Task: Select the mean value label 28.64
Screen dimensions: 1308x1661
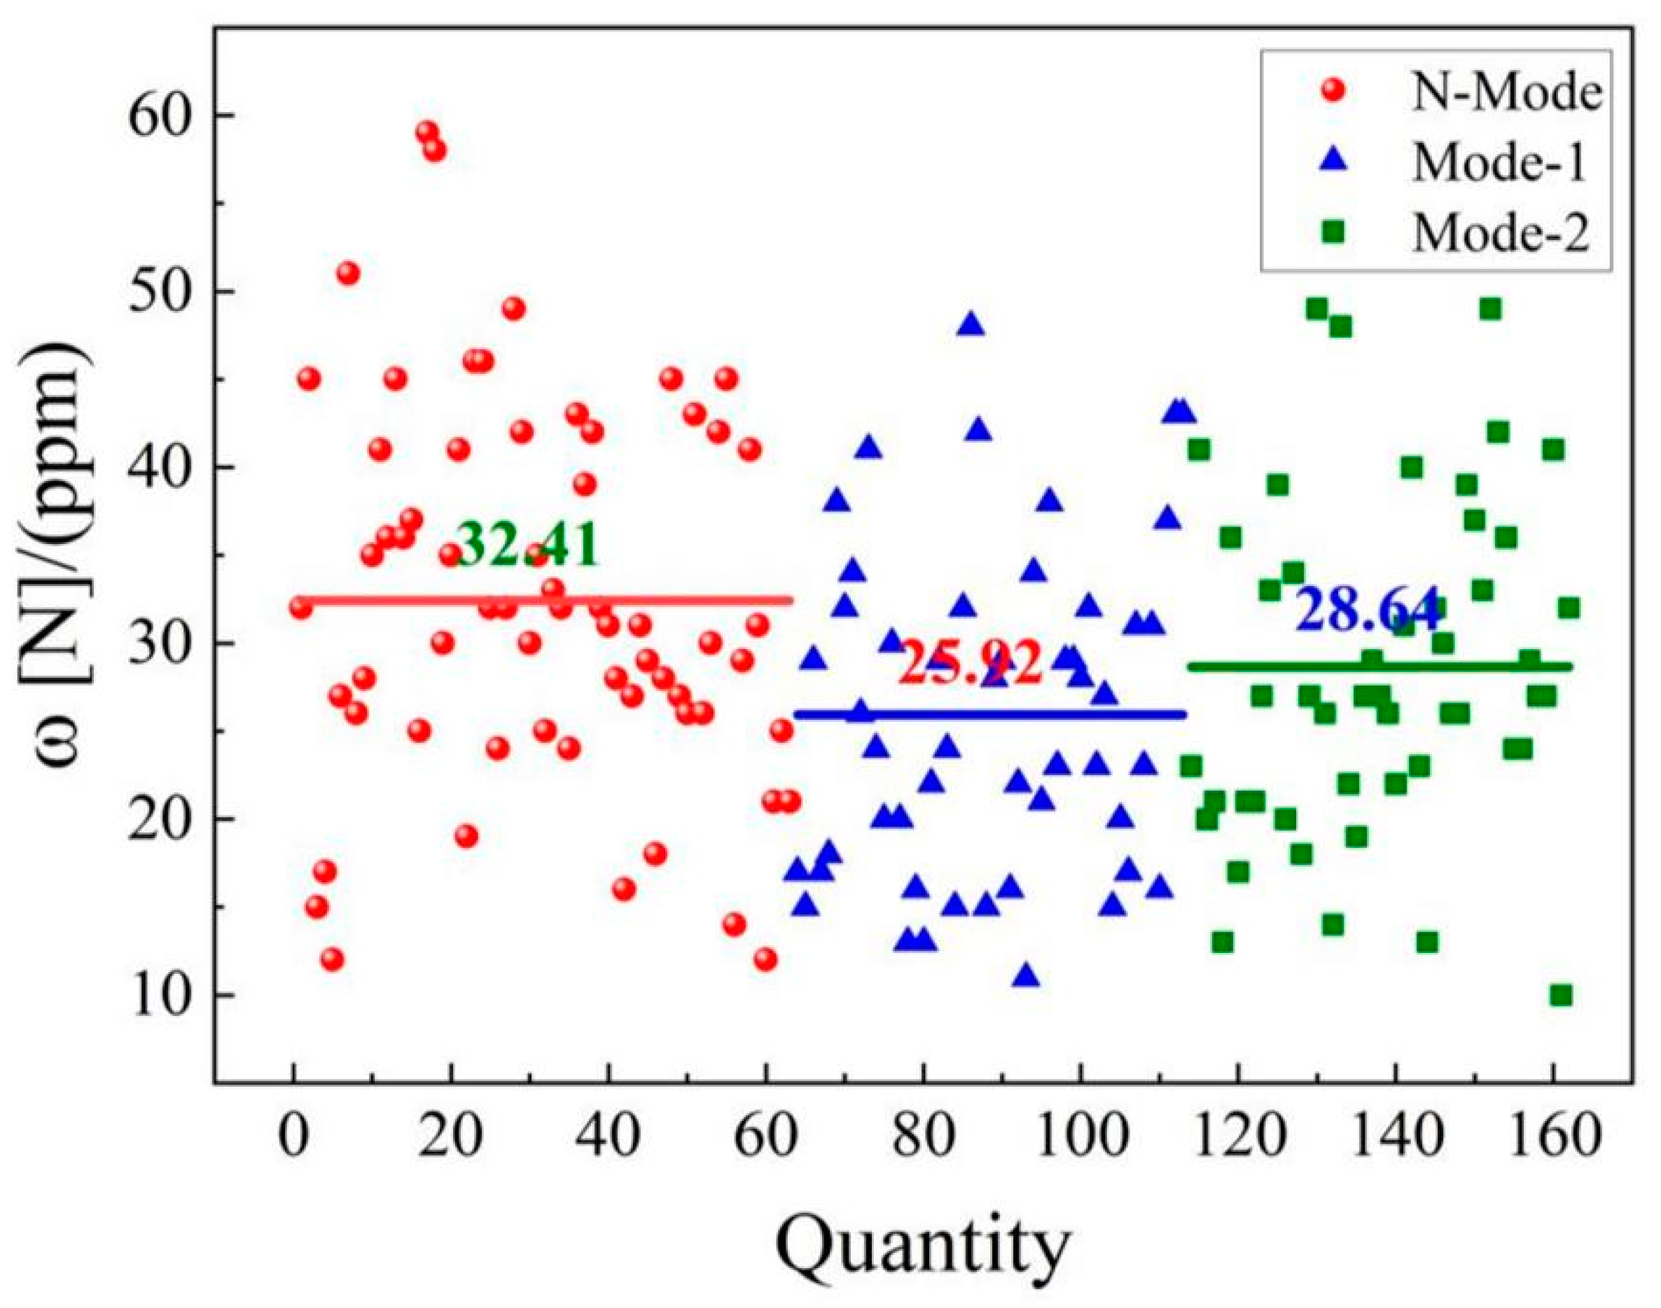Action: coord(1367,610)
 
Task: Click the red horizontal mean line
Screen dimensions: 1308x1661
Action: coord(543,599)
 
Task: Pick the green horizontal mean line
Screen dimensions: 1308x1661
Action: coord(1378,666)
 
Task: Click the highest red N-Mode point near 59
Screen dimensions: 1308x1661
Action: coord(427,132)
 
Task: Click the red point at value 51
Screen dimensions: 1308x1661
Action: coord(349,273)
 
